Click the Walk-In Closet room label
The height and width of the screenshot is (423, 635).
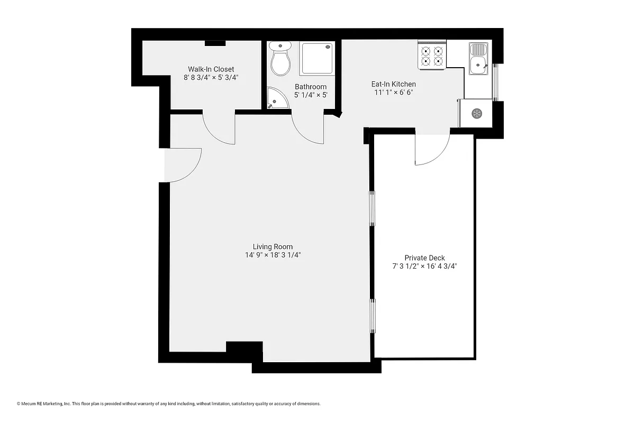[211, 69]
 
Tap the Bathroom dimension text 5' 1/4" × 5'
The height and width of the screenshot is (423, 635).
[311, 95]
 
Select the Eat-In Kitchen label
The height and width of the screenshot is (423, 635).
[393, 84]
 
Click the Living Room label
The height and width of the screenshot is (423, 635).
[273, 246]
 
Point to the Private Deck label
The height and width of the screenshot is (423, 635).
[424, 258]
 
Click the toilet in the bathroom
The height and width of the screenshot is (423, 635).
[280, 59]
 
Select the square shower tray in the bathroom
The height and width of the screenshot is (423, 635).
[317, 58]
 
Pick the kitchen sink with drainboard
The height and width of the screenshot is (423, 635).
[479, 59]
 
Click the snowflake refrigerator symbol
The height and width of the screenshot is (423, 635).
[476, 113]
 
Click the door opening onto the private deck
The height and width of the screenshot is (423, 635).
[431, 149]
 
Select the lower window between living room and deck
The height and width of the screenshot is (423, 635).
[372, 315]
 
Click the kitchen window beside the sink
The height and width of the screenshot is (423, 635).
[496, 81]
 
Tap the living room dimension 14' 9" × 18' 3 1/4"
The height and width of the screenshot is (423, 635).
[273, 255]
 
